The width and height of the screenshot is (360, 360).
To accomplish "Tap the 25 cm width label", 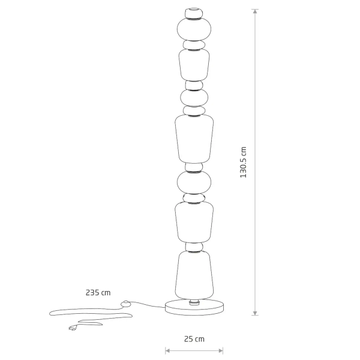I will [194, 339].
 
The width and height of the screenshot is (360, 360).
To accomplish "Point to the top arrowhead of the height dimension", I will [256, 12].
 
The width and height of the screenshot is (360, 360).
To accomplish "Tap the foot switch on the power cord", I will [125, 304].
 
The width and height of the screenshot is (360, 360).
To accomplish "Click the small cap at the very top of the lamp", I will [193, 11].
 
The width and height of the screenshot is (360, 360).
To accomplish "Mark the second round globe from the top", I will [193, 97].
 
